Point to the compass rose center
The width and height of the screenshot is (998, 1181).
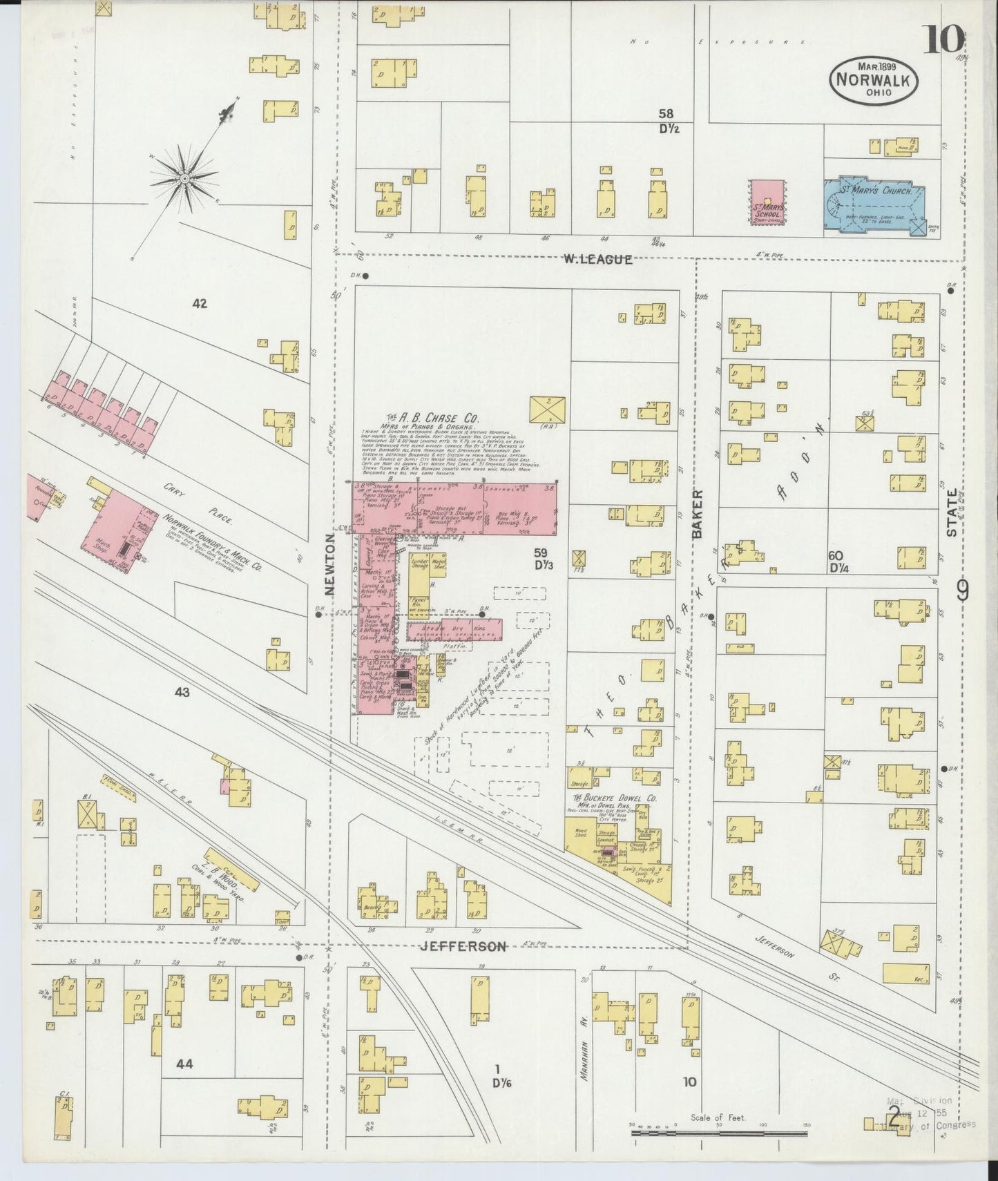click(184, 179)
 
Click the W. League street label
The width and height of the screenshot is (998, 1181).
click(597, 260)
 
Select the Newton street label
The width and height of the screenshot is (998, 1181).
click(330, 563)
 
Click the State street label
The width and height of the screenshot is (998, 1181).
click(952, 512)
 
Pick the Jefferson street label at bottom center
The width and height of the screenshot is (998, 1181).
click(463, 947)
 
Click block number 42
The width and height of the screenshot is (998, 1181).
click(200, 303)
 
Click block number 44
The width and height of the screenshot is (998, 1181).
click(184, 1084)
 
